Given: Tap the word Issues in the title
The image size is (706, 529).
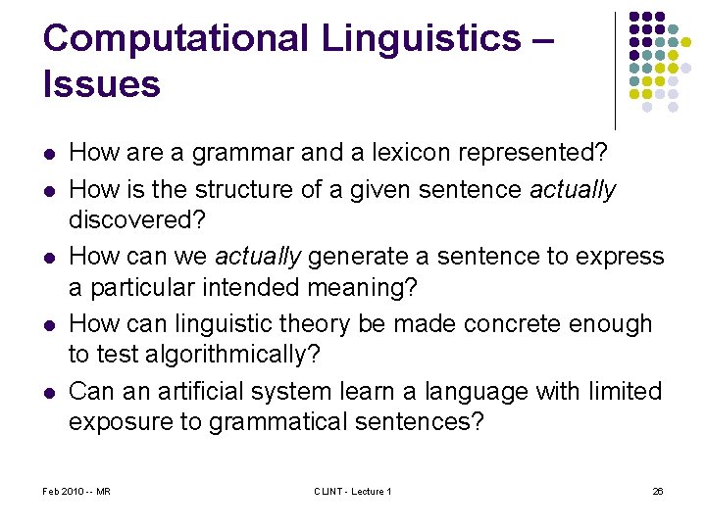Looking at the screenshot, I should click(x=101, y=84).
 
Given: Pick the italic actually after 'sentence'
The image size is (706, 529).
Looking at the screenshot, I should click(x=573, y=188).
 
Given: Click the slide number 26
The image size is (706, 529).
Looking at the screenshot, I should click(x=658, y=491).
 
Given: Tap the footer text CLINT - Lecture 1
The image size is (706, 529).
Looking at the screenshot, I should click(x=353, y=491).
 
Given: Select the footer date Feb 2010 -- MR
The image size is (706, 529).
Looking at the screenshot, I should click(x=76, y=491).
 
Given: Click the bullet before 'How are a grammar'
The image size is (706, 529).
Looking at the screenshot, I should click(x=49, y=154).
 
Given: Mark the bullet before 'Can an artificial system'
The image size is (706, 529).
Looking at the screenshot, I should click(x=49, y=393).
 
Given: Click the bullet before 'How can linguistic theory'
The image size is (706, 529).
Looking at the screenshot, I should click(x=49, y=325).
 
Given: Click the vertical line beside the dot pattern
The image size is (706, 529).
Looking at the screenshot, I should click(x=616, y=71).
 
